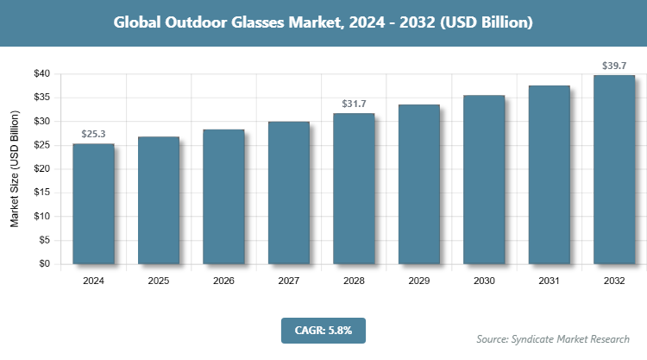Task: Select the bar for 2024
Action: pyautogui.click(x=93, y=204)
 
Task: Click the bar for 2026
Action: pyautogui.click(x=223, y=197)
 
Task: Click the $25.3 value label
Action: pyautogui.click(x=93, y=134)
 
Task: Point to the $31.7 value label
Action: pyautogui.click(x=354, y=104)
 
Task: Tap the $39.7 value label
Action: pyautogui.click(x=614, y=66)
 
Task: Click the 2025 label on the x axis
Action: pyautogui.click(x=159, y=281)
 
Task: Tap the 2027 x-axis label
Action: pyautogui.click(x=289, y=281)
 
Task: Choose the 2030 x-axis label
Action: pyautogui.click(x=484, y=281)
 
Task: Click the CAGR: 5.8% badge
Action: pyautogui.click(x=323, y=329)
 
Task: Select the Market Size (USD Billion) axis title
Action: pyautogui.click(x=15, y=169)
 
